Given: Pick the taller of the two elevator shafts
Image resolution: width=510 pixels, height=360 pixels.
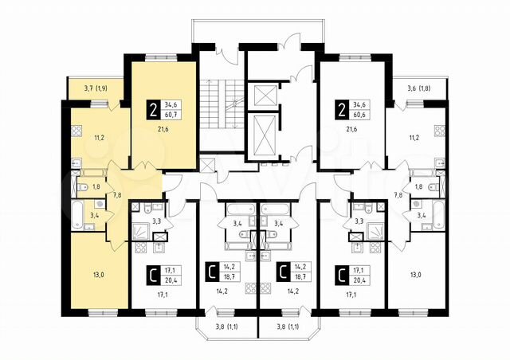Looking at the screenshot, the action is point(265,135).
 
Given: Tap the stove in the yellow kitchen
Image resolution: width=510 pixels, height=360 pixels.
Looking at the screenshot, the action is point(76,131).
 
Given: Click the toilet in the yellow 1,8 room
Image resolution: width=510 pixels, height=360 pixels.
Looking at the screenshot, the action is point(82,187).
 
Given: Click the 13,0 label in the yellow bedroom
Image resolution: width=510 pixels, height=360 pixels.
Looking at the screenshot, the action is point(98,275).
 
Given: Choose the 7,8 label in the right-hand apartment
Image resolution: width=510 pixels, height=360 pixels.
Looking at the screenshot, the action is point(398,195).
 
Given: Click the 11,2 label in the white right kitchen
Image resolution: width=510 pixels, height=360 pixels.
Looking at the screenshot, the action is point(414,138).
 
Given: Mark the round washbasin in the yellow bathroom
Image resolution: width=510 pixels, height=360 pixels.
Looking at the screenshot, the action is point(99,204).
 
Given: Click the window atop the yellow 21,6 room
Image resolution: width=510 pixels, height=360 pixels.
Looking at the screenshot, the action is point(161,58).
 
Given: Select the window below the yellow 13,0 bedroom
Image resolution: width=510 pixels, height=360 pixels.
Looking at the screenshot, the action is point(103,313).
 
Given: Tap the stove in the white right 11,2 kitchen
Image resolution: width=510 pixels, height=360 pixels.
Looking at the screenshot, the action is point(440,131).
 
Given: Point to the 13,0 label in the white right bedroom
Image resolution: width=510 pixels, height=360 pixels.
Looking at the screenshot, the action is point(415,275).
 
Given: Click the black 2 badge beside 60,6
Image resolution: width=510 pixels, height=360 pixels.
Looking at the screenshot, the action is point(341,110).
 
